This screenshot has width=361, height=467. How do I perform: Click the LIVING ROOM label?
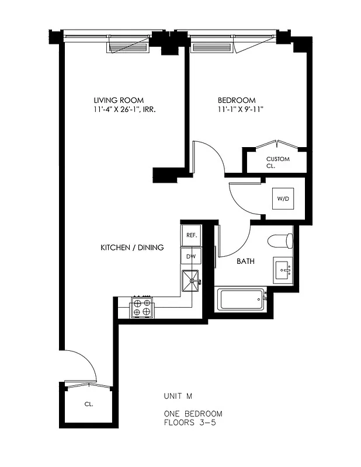(x=119, y=100)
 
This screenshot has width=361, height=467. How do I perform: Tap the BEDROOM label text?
(x=237, y=100)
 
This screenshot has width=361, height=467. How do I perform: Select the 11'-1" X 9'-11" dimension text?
(x=240, y=109)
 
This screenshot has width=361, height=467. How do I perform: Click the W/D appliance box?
(x=283, y=199)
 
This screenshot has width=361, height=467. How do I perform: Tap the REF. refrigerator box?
(x=191, y=235)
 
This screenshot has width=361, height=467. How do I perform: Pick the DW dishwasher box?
(x=191, y=256)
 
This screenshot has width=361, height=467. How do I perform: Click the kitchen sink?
(x=190, y=281)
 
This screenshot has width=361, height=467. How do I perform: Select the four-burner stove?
(x=141, y=306)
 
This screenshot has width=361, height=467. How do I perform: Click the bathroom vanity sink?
(x=284, y=270)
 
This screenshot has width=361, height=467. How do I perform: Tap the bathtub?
(x=241, y=300)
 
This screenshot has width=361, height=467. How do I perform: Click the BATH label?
(x=245, y=262)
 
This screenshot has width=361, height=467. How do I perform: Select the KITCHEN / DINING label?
(x=132, y=248)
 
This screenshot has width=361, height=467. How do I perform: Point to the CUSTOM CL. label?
(x=277, y=162)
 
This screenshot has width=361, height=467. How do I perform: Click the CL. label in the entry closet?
(x=88, y=403)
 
